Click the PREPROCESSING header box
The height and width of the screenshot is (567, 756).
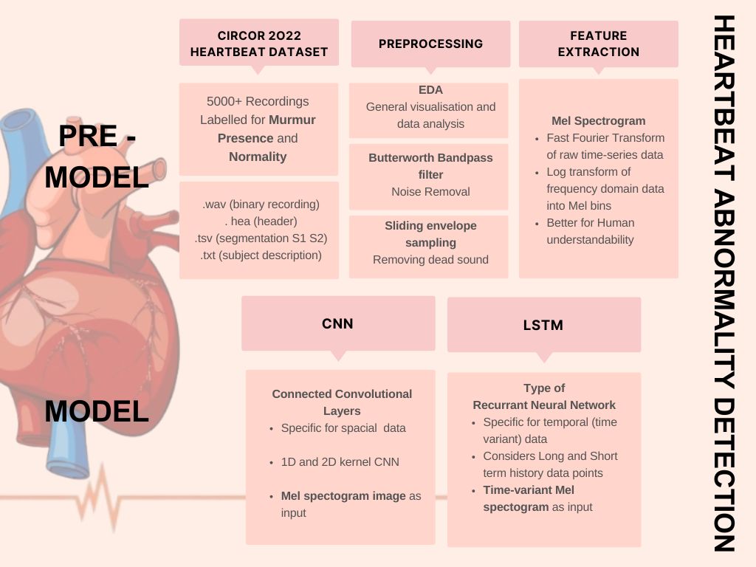coord(430,44)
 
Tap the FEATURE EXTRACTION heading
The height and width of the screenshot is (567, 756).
coord(598,44)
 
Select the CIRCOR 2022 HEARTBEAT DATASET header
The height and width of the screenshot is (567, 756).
coord(258,44)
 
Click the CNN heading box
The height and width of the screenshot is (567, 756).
coord(337,323)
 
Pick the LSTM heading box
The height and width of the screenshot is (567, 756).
coord(543,325)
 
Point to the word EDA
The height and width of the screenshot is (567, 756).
coord(430,90)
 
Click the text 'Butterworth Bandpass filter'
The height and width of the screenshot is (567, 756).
coord(430,166)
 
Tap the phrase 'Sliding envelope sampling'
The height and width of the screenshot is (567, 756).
coord(430,234)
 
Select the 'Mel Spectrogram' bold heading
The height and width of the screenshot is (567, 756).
coord(598,121)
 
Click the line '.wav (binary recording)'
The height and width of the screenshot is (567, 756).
coord(261,205)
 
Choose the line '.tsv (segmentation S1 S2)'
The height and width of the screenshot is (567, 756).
coord(261,238)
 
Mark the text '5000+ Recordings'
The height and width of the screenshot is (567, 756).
coord(258,101)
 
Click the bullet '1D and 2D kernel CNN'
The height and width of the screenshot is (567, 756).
coord(340,462)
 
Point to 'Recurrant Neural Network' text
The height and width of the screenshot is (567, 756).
coord(544,405)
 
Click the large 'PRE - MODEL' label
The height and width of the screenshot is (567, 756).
coord(96,157)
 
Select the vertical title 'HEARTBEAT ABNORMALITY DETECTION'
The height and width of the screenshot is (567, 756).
coord(725,283)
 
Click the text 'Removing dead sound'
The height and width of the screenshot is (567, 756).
coord(430,260)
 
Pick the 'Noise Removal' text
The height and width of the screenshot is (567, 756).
coord(430,192)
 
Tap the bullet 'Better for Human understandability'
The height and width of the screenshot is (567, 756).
coord(590,231)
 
